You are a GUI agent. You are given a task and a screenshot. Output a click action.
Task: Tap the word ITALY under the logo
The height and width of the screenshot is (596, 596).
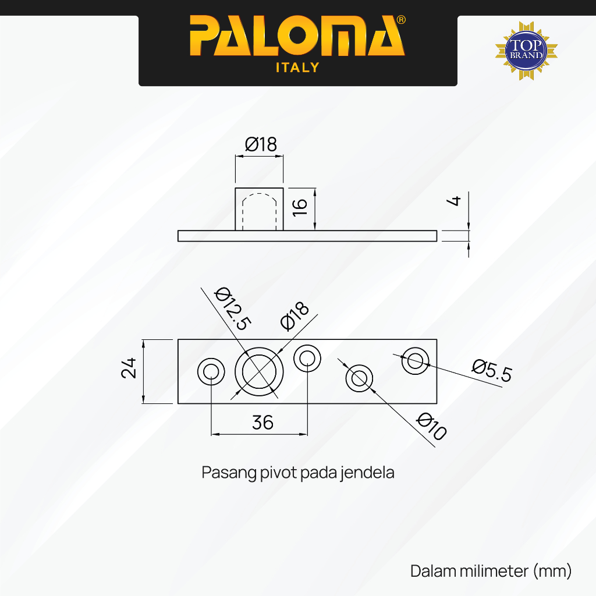click(x=297, y=68)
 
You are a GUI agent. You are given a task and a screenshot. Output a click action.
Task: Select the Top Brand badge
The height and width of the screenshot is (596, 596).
click(x=526, y=51)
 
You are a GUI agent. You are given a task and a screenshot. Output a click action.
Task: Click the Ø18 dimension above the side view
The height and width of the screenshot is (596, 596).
click(x=261, y=144)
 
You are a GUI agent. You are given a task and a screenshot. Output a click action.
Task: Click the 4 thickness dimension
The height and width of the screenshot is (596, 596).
click(x=454, y=201)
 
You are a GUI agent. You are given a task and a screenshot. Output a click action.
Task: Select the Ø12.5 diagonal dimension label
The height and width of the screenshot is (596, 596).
click(x=233, y=308)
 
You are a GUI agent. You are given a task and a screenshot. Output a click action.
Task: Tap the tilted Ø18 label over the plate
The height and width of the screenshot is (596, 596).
click(x=295, y=315)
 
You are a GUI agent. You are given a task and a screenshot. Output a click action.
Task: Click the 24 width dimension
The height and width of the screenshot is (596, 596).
click(x=129, y=368)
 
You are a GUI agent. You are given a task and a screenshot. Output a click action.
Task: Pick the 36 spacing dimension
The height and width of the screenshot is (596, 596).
click(x=262, y=423)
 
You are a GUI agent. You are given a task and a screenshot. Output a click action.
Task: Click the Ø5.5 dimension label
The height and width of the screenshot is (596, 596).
click(x=492, y=371)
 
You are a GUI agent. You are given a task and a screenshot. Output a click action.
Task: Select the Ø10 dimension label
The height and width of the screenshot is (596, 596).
click(x=432, y=427)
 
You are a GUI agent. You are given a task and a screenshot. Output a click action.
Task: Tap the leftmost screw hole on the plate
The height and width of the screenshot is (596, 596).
click(x=211, y=359)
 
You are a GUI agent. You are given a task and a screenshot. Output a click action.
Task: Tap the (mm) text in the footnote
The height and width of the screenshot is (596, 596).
click(x=552, y=571)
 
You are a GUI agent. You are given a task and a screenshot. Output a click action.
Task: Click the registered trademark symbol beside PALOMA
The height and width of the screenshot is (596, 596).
click(x=401, y=20)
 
